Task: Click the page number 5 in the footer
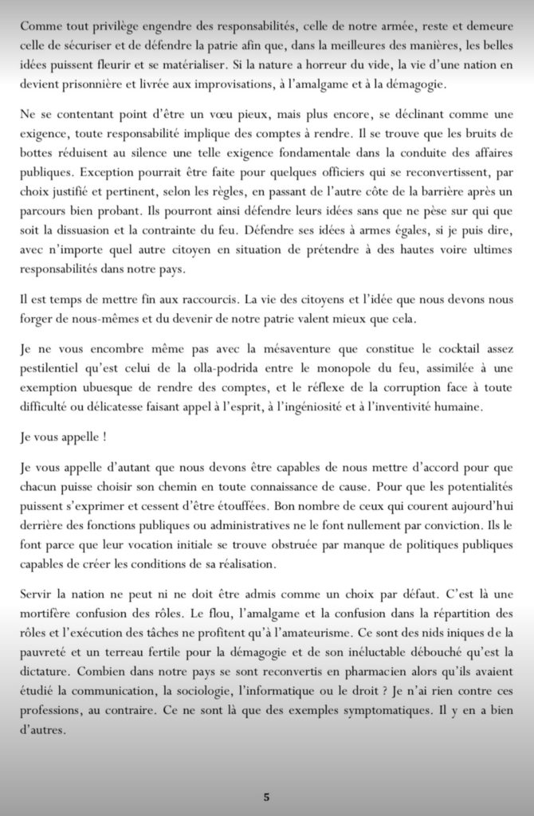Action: pyautogui.click(x=267, y=795)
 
